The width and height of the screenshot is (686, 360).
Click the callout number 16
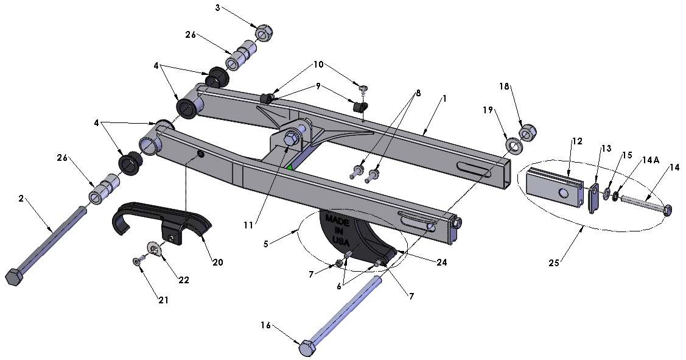pos(265,325)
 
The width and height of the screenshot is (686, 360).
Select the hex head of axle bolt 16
pos(308,348)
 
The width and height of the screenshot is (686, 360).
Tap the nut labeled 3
pos(262,33)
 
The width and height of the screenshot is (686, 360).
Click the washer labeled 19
pos(514,146)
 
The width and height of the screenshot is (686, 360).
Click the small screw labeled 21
pos(137,261)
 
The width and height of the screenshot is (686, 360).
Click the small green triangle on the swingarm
pos(291,167)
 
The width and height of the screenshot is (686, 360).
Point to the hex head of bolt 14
pos(667,210)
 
